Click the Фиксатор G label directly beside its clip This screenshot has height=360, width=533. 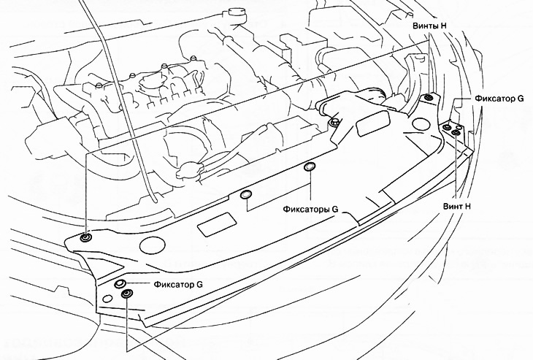point(178,283)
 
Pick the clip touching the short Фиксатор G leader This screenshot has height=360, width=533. point(120,283)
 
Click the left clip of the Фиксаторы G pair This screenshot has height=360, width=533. point(246,195)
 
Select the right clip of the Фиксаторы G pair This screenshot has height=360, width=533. point(309,169)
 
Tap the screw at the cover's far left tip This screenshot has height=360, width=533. point(87,237)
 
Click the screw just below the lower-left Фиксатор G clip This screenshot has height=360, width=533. point(127,294)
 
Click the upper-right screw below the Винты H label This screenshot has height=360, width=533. point(428,99)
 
